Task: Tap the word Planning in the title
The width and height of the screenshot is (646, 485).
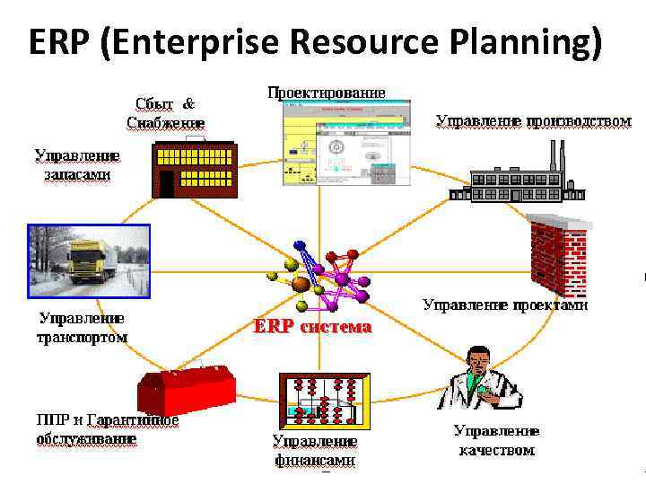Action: pyautogui.click(x=526, y=43)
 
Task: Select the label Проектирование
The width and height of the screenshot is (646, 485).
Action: pyautogui.click(x=326, y=93)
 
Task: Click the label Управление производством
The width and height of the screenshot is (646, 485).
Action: pyautogui.click(x=533, y=120)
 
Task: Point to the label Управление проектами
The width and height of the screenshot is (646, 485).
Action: pyautogui.click(x=505, y=305)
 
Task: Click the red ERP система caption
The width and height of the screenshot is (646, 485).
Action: pyautogui.click(x=311, y=327)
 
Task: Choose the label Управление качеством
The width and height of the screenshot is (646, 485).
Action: pyautogui.click(x=496, y=440)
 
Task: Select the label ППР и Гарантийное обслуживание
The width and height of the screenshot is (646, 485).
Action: pyautogui.click(x=107, y=429)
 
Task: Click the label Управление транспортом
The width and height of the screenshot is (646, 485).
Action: pyautogui.click(x=82, y=328)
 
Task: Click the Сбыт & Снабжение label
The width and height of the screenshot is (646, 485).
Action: pyautogui.click(x=165, y=112)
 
